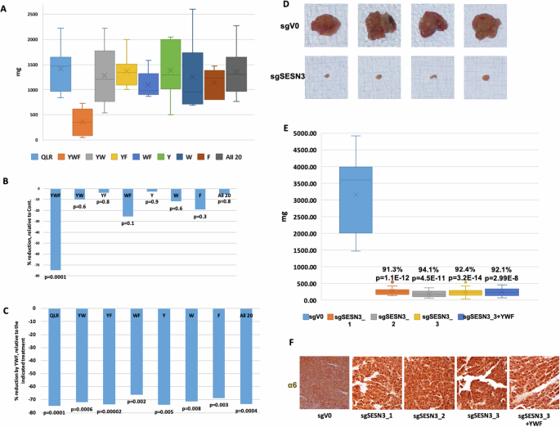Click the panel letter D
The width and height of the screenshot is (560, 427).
pos(285,6)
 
